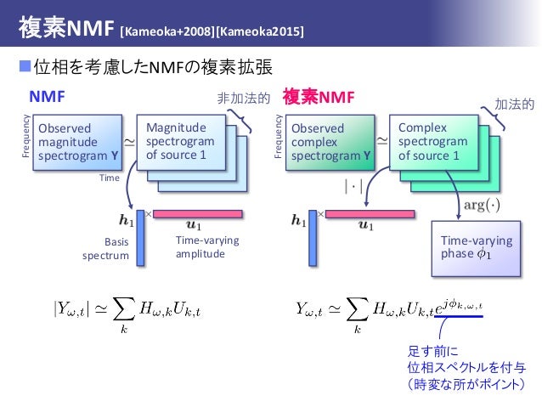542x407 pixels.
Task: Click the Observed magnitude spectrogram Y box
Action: [76, 143]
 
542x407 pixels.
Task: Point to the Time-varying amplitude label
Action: [206, 247]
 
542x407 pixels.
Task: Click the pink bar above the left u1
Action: [198, 214]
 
